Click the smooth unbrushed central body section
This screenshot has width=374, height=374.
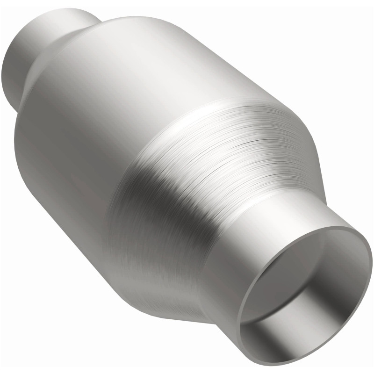93,117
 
